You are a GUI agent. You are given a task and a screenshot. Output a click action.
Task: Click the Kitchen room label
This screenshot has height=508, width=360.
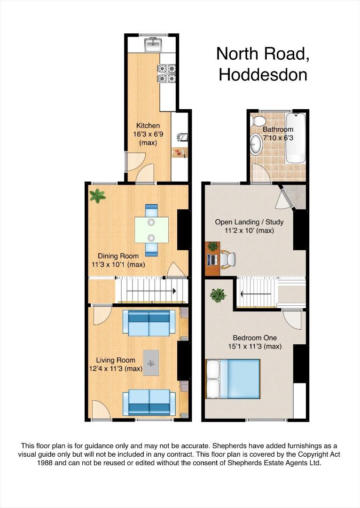[x=148, y=126]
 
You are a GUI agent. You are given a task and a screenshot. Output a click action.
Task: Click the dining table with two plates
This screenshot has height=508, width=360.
[x=151, y=230]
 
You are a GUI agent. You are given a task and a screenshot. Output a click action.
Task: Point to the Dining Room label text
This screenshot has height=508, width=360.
[x=118, y=256]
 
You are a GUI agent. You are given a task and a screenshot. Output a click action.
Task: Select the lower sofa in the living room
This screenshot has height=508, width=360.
[x=149, y=402]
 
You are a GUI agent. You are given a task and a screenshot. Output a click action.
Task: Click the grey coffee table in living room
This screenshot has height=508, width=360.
[x=151, y=362]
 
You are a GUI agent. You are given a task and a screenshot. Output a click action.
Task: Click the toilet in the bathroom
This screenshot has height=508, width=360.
[x=258, y=120]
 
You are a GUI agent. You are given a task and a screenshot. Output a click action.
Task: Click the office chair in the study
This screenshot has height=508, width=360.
[x=228, y=258]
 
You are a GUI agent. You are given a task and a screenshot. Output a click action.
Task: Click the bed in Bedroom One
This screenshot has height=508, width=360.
[x=233, y=378]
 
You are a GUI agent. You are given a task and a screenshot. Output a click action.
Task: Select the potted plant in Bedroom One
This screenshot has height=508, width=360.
[x=218, y=295]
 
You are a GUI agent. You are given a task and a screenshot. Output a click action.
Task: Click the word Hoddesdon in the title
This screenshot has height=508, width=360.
[x=263, y=75]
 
